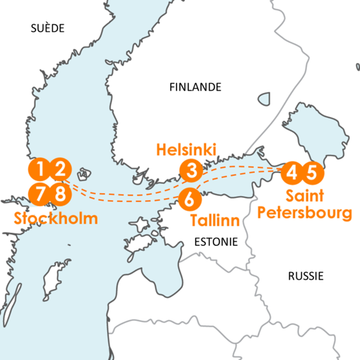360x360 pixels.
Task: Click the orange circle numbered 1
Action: tap(40, 169)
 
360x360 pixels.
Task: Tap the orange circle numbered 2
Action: tap(60, 169)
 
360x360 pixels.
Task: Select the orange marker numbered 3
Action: tap(191, 170)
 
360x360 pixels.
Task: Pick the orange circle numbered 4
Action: tap(292, 171)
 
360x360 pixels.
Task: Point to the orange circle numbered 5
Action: tap(312, 171)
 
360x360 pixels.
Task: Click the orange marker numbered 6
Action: tap(190, 199)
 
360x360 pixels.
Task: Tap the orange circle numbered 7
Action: tap(40, 193)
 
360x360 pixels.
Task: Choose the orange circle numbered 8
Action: tap(60, 193)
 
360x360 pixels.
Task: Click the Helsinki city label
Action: tap(186, 150)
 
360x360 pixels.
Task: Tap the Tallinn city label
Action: tap(215, 221)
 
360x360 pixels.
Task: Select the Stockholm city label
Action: tap(56, 219)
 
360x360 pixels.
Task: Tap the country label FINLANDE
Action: tap(195, 87)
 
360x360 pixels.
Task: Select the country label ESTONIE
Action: tap(215, 242)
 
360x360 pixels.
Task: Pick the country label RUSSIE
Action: tap(306, 276)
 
